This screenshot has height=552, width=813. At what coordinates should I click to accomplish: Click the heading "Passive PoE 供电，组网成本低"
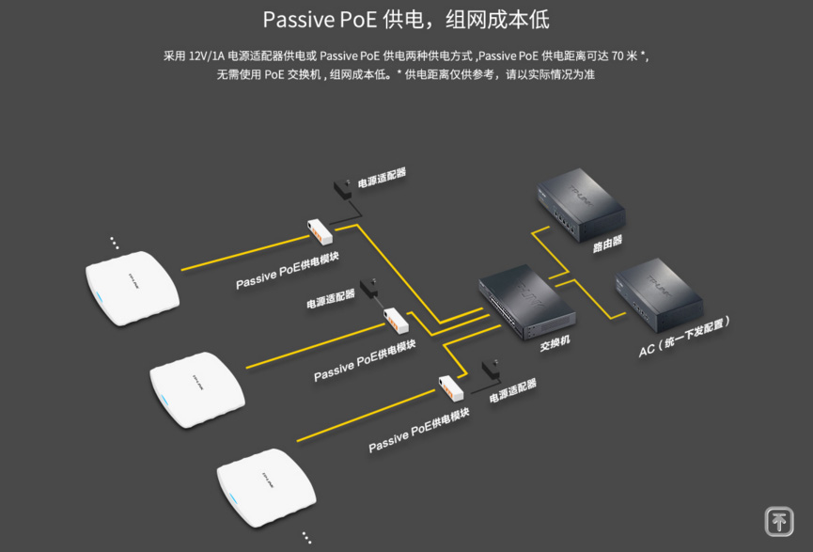[406, 20]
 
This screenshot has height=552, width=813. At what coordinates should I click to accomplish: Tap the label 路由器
[607, 244]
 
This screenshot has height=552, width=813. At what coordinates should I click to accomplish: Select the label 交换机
[555, 344]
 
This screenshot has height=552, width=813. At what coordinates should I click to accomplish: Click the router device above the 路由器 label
[579, 206]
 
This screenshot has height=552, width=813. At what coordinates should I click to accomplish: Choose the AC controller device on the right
[658, 293]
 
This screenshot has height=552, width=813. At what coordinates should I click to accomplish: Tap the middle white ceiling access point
[195, 388]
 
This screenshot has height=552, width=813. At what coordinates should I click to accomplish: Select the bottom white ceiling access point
[265, 485]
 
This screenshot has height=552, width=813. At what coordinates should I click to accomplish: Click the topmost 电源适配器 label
[382, 176]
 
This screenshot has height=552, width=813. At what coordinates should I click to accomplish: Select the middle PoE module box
[396, 320]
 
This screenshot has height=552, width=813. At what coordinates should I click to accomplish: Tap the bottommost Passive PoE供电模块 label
[419, 430]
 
